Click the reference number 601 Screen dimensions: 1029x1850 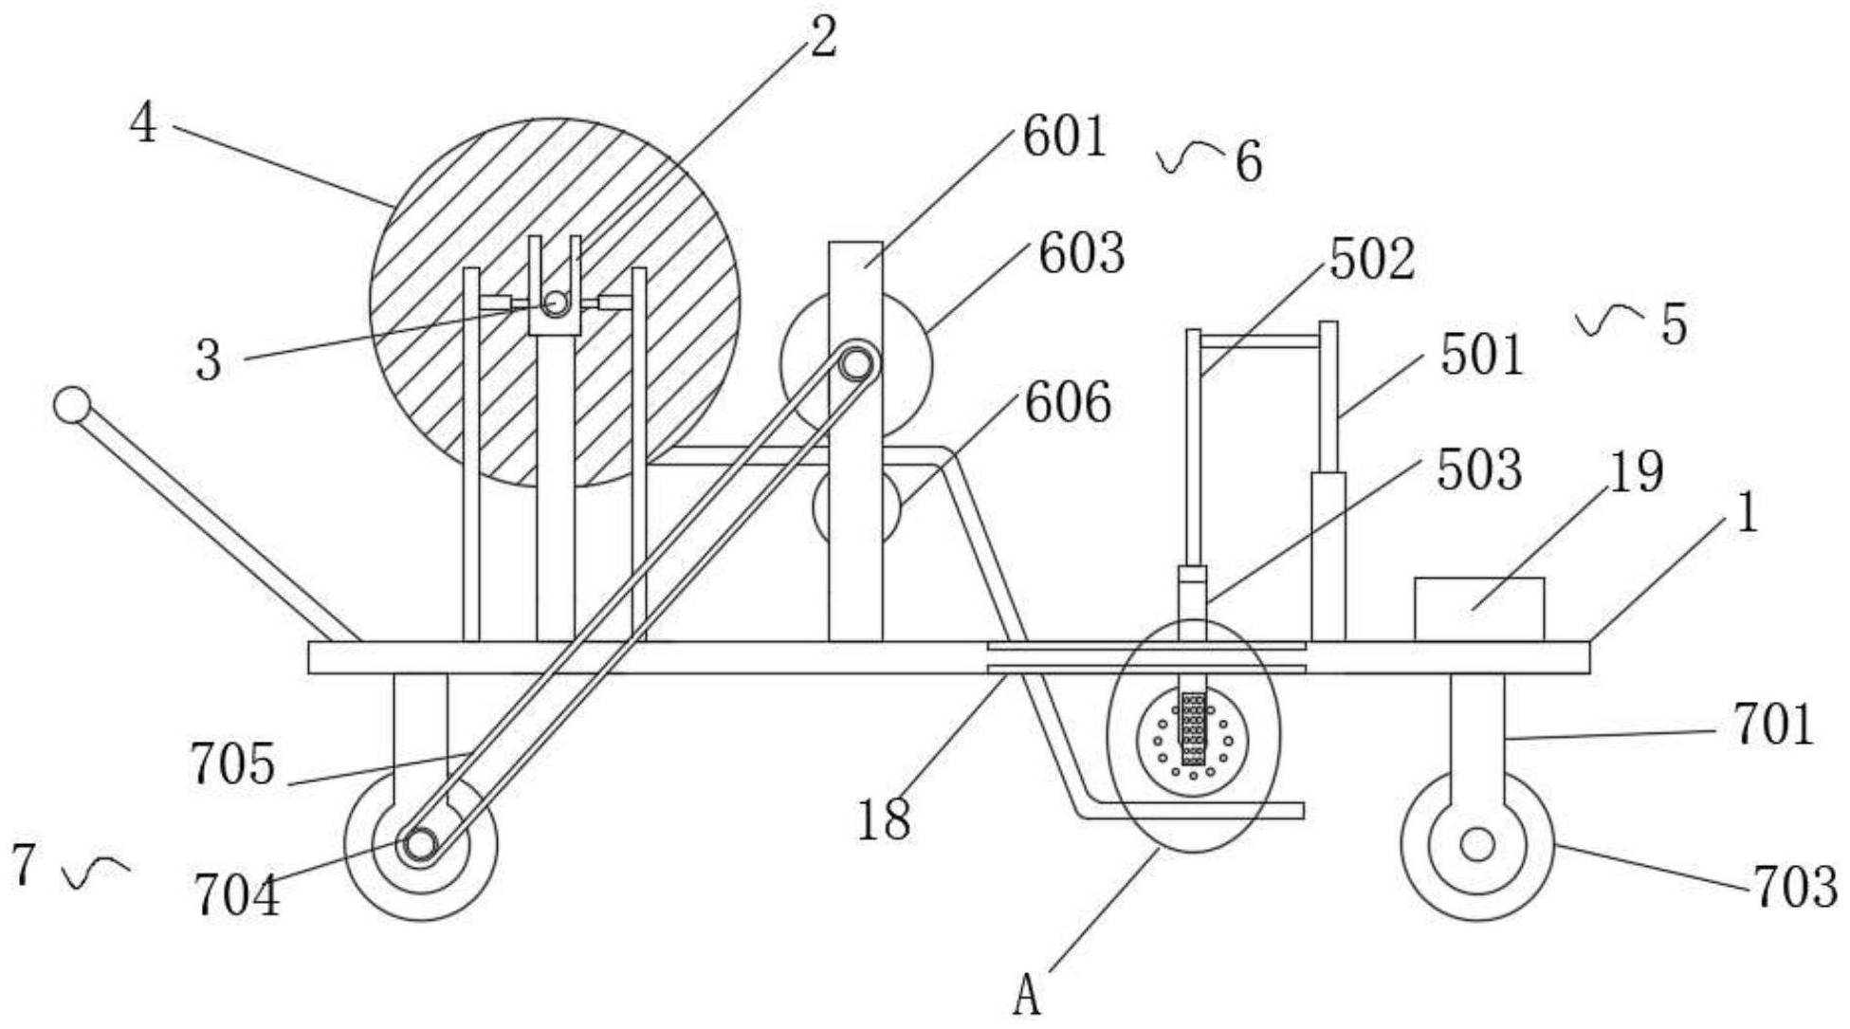coord(1064,138)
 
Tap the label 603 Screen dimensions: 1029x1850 coord(1081,254)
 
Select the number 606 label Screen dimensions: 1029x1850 coord(1067,404)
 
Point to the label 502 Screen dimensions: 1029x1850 coord(1371,260)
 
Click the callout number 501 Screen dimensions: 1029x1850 coord(1481,357)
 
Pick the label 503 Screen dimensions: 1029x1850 coord(1479,470)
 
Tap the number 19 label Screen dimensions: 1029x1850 coord(1635,472)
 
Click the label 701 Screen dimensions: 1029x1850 coord(1773,726)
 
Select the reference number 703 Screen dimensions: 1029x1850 coord(1795,888)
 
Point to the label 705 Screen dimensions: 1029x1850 coord(233,764)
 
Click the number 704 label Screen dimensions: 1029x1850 coord(237,895)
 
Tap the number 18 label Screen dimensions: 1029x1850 coord(884,819)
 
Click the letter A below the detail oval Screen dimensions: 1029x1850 coord(1027,998)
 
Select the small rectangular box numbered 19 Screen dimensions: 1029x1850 coord(1478,609)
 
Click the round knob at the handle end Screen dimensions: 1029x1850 coord(71,405)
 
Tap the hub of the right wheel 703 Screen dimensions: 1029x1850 coord(1476,844)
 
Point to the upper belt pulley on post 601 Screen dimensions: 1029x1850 coord(856,364)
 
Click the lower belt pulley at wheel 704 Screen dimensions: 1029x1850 coord(419,843)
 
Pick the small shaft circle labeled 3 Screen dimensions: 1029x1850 coord(556,303)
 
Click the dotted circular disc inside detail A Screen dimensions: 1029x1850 coord(1192,742)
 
